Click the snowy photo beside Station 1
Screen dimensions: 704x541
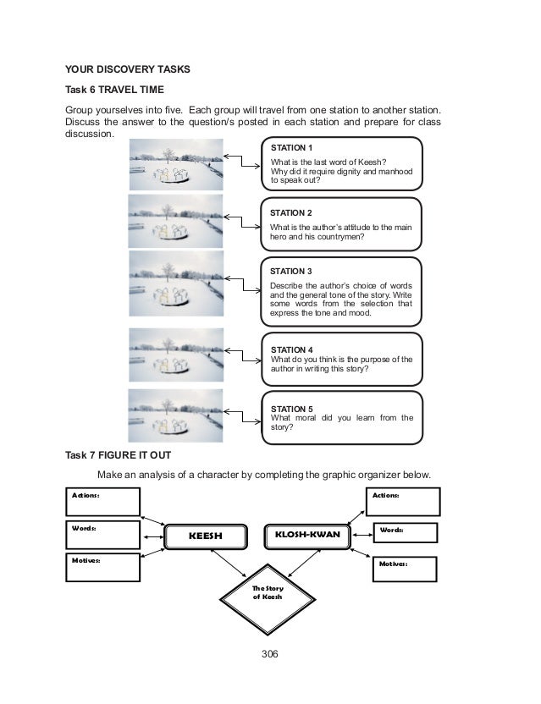[176, 163]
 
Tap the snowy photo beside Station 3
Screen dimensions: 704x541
[176, 286]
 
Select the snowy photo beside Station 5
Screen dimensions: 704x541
[176, 415]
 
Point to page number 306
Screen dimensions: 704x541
[269, 653]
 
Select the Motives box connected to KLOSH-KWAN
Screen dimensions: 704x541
[405, 568]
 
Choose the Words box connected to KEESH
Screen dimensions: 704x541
[102, 534]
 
